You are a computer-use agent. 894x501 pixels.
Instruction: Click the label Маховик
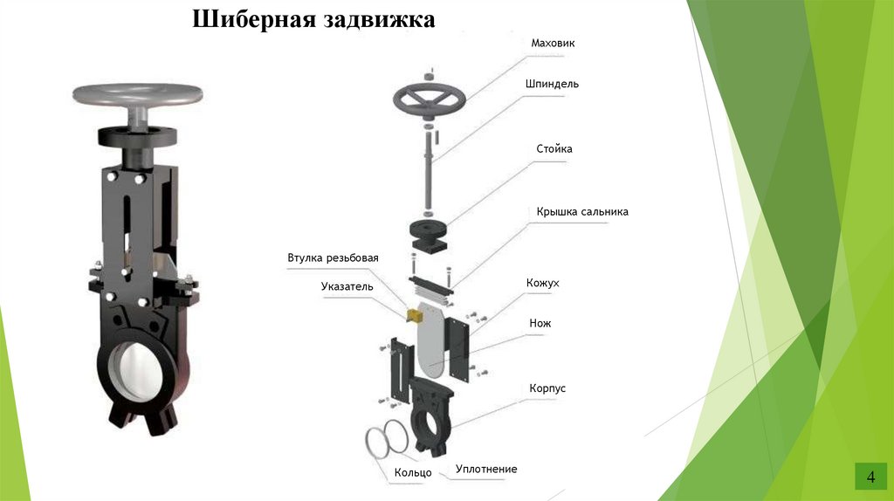(554, 43)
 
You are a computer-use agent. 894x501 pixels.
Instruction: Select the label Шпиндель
(552, 85)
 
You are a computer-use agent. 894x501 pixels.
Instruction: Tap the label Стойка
(554, 149)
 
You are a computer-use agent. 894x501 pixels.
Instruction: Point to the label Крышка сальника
(581, 212)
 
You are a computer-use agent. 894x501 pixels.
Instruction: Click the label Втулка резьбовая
(333, 258)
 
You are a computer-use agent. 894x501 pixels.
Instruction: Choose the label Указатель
(347, 286)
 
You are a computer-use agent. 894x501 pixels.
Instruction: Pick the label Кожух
(542, 284)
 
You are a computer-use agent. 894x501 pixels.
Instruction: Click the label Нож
(540, 324)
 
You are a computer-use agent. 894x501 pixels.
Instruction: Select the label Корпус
(547, 388)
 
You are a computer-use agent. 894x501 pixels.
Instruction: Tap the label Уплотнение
(486, 470)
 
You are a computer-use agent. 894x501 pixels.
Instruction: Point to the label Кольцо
(413, 472)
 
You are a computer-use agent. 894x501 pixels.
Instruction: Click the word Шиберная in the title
(247, 19)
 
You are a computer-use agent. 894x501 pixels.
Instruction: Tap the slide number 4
(870, 477)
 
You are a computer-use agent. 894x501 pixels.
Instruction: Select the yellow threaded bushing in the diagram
(408, 312)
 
